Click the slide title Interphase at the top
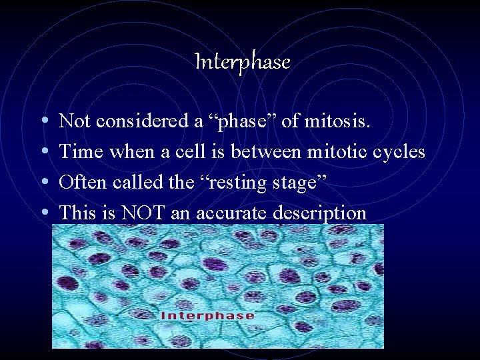tap(243, 62)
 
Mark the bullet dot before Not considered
tap(43, 122)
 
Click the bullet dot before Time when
tap(43, 153)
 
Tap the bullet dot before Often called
tap(43, 183)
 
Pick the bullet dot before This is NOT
tap(43, 214)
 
